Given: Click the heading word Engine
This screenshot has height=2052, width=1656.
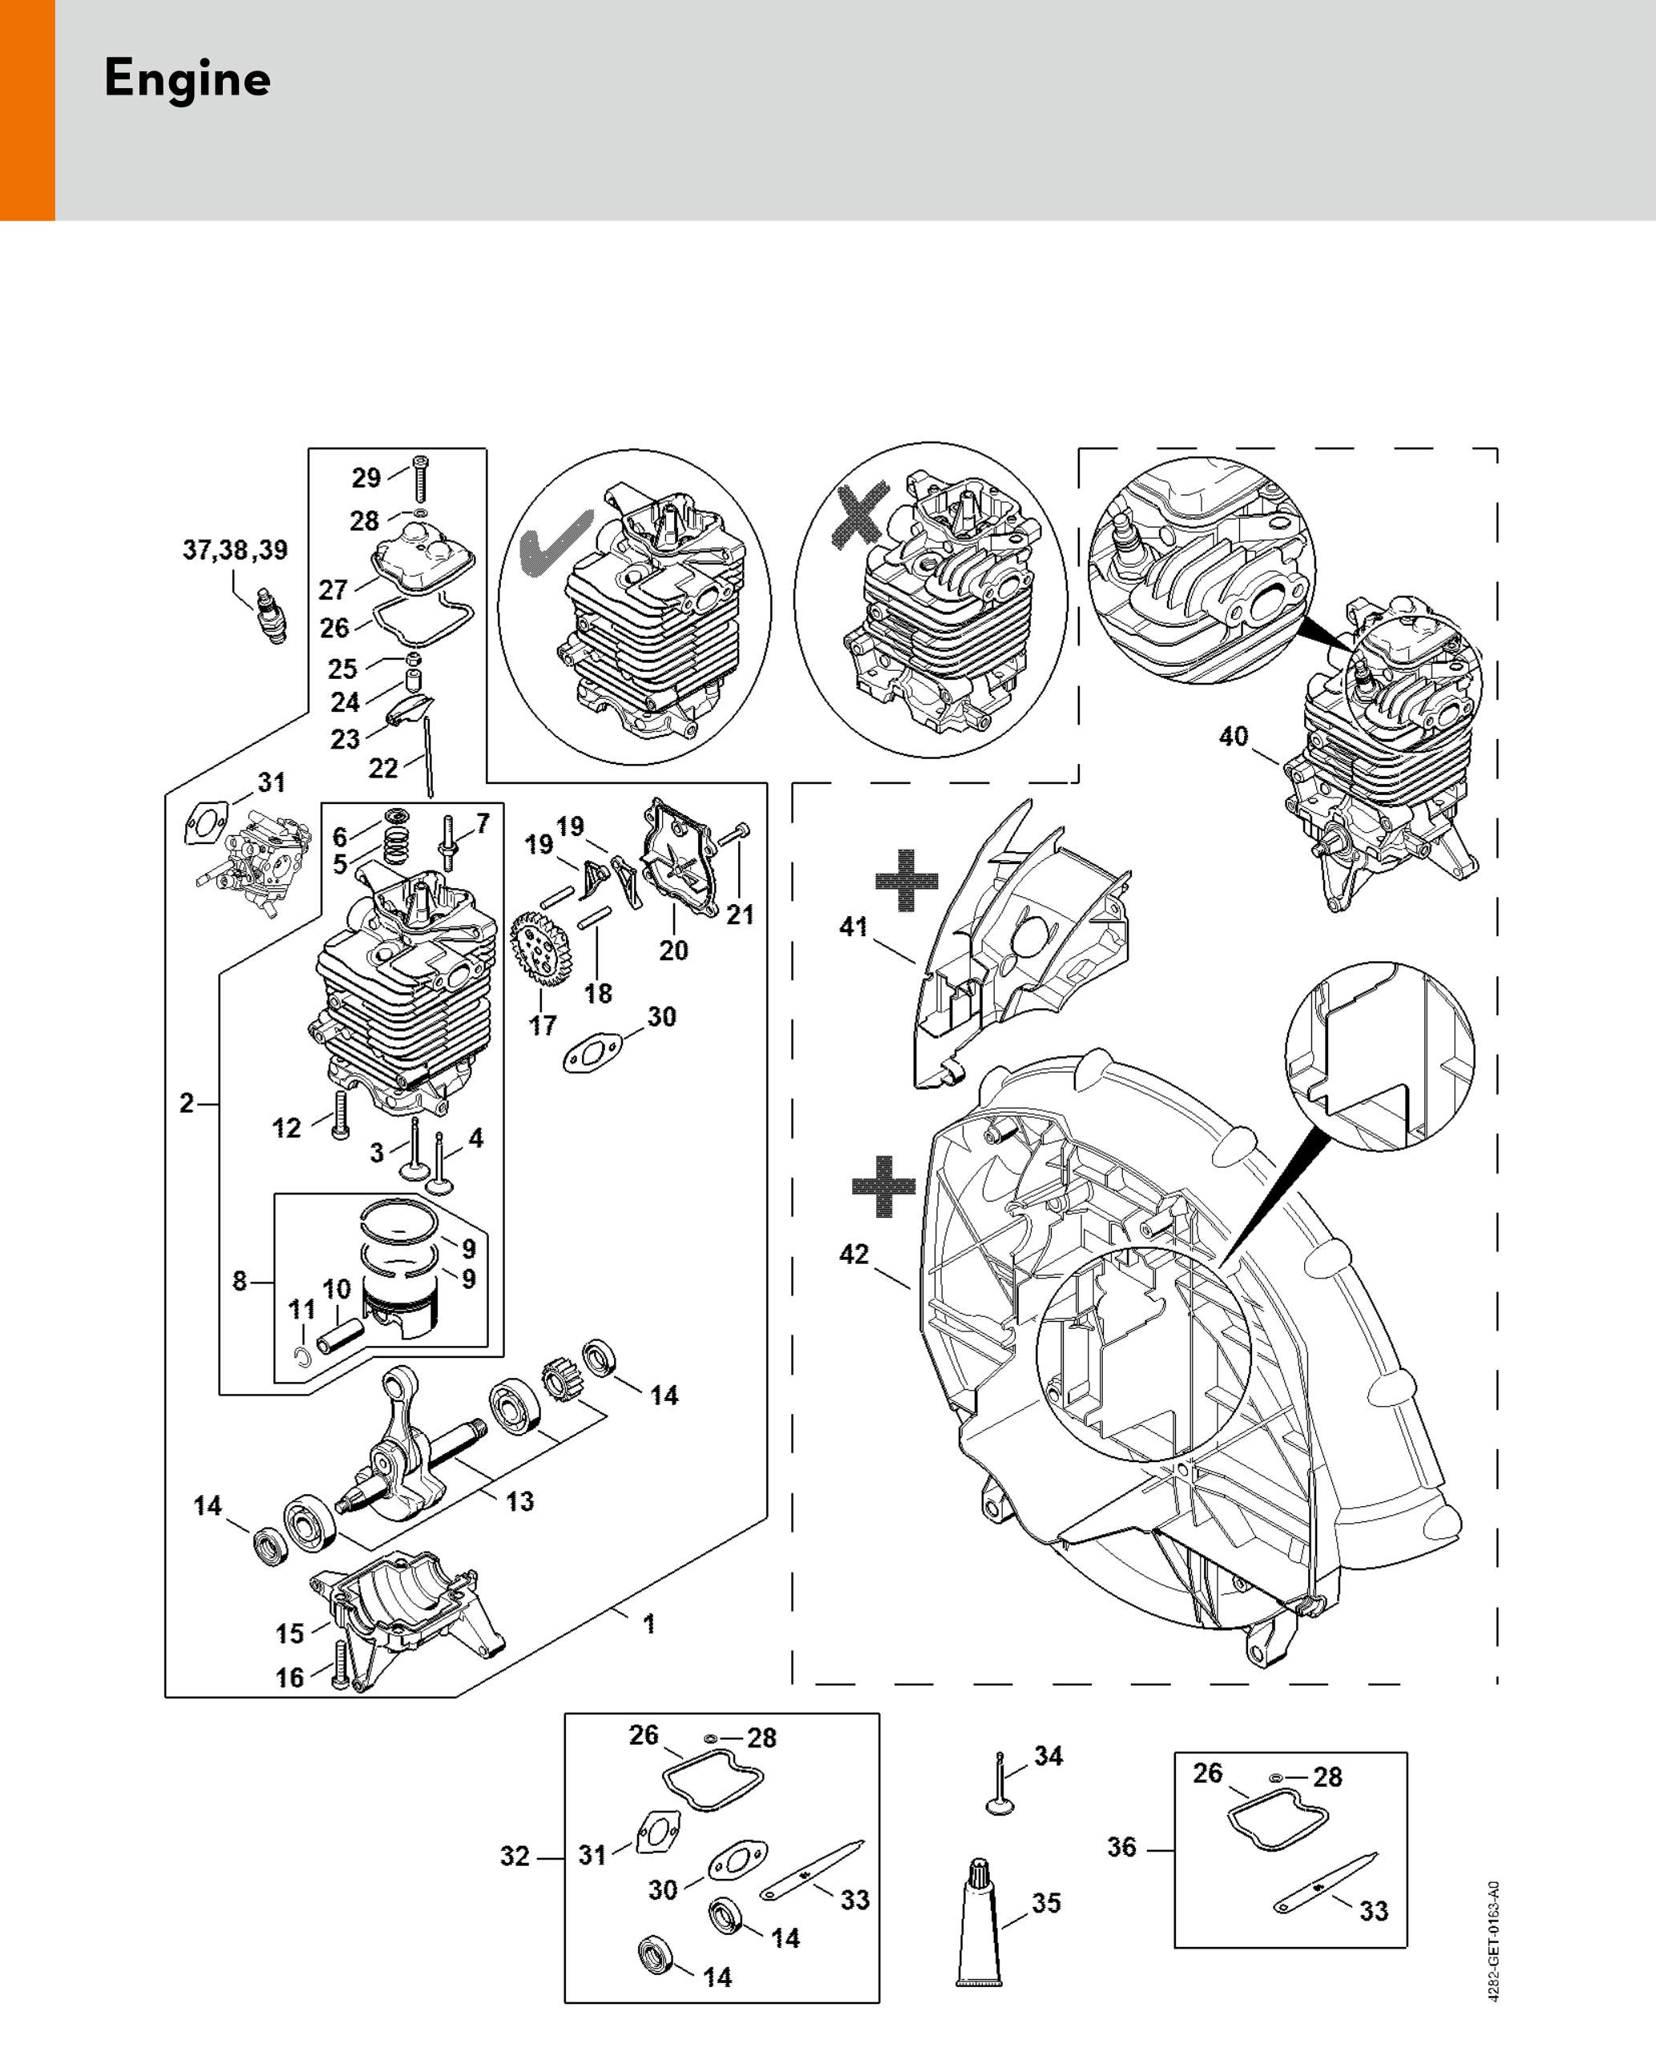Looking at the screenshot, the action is click(187, 79).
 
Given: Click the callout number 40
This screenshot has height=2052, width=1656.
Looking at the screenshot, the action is click(1234, 737).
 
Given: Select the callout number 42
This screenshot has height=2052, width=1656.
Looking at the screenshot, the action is click(854, 1254).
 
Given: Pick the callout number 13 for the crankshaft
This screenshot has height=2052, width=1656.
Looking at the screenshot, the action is click(520, 1501).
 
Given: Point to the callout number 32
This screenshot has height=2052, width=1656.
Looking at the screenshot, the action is click(515, 1856).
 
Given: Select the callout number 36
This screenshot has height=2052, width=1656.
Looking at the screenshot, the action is click(1122, 1847).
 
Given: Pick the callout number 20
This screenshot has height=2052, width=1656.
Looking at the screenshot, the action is click(673, 950).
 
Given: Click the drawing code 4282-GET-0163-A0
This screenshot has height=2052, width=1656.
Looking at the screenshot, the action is click(1494, 1941).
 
